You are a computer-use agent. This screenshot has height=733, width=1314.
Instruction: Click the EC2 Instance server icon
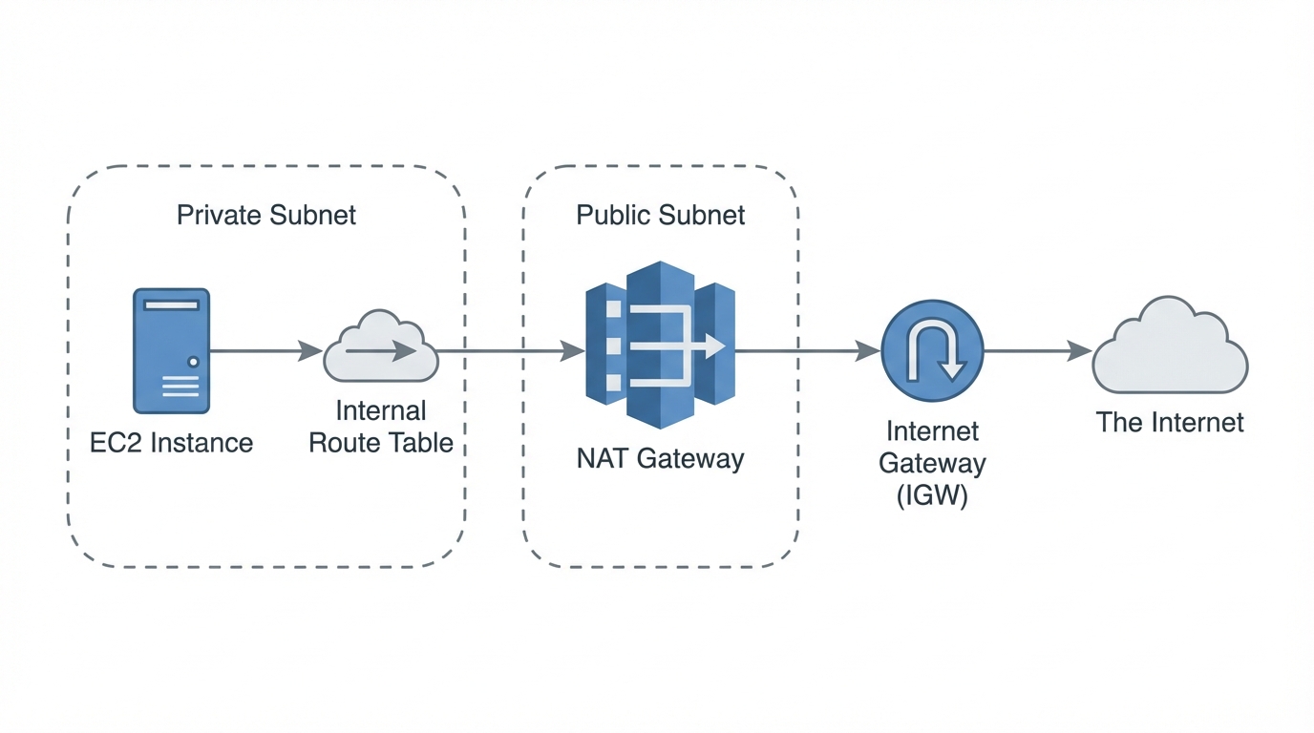coord(171,351)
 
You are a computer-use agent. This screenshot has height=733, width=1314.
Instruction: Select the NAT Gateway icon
coord(660,346)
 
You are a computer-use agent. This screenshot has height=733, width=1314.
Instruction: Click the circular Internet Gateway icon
coord(931,352)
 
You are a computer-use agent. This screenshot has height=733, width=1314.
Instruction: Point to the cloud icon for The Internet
coord(1169,347)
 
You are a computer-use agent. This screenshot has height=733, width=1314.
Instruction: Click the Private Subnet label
coord(266,215)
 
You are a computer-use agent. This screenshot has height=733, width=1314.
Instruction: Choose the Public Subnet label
coord(660,215)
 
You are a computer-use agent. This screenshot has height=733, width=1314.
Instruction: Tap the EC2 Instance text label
coord(171,443)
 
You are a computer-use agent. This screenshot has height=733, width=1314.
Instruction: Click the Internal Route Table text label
coord(380,428)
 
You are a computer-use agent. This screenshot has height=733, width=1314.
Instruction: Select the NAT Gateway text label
coord(660,459)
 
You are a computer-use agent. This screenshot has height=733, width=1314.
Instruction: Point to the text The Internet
coord(1169,423)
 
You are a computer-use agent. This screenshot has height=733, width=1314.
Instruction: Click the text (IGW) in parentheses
coord(931,496)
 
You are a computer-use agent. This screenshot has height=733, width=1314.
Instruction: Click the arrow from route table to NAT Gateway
coord(511,351)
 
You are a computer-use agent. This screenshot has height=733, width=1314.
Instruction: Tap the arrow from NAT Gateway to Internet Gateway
coord(807,351)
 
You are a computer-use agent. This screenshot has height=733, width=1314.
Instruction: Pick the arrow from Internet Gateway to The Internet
coord(1037,351)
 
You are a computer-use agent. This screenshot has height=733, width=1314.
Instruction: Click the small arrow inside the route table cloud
coord(380,351)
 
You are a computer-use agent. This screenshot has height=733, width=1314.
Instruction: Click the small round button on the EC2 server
coord(194,362)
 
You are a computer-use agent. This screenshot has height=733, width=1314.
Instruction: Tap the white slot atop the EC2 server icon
coord(171,305)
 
